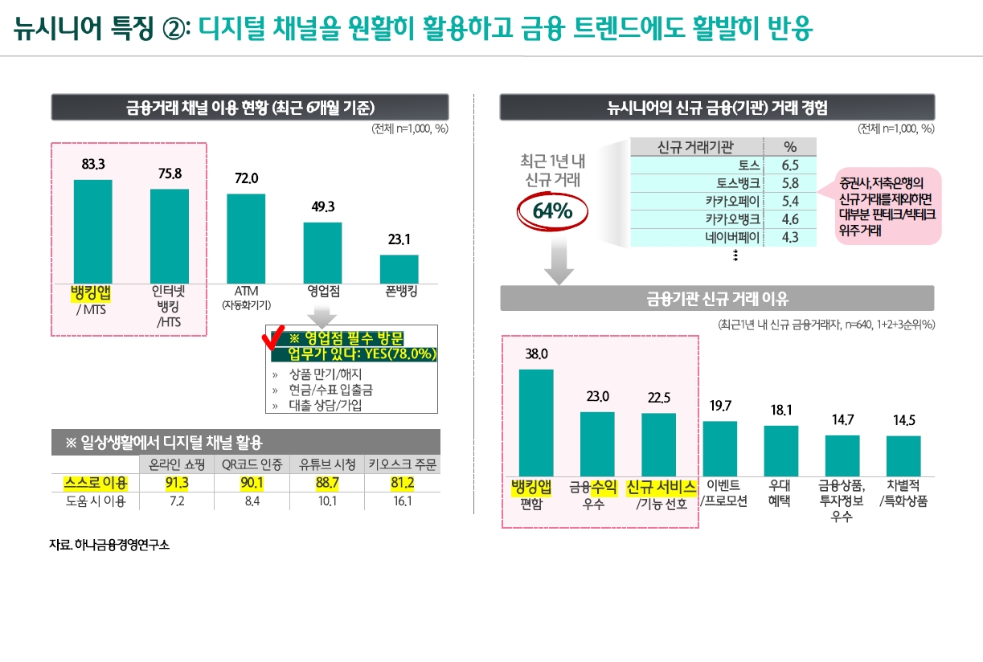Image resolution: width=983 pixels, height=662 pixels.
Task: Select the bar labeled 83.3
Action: [93, 231]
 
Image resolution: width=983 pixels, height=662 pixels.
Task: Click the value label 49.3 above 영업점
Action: [323, 206]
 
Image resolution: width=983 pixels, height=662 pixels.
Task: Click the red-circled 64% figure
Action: [551, 210]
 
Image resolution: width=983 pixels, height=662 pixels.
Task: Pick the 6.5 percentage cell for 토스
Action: [789, 165]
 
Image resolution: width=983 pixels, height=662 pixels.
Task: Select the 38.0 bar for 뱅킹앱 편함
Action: [536, 423]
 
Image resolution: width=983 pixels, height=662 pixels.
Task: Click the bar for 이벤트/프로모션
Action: [719, 448]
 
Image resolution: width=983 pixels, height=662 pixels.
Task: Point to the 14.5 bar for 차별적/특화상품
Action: [903, 456]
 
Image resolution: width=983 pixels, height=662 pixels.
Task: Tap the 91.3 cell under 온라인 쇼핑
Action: [176, 483]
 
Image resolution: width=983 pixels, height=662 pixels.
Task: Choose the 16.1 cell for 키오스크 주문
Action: [402, 501]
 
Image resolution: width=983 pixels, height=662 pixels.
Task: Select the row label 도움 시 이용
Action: [95, 501]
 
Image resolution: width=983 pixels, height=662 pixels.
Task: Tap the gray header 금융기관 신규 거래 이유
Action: [716, 299]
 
